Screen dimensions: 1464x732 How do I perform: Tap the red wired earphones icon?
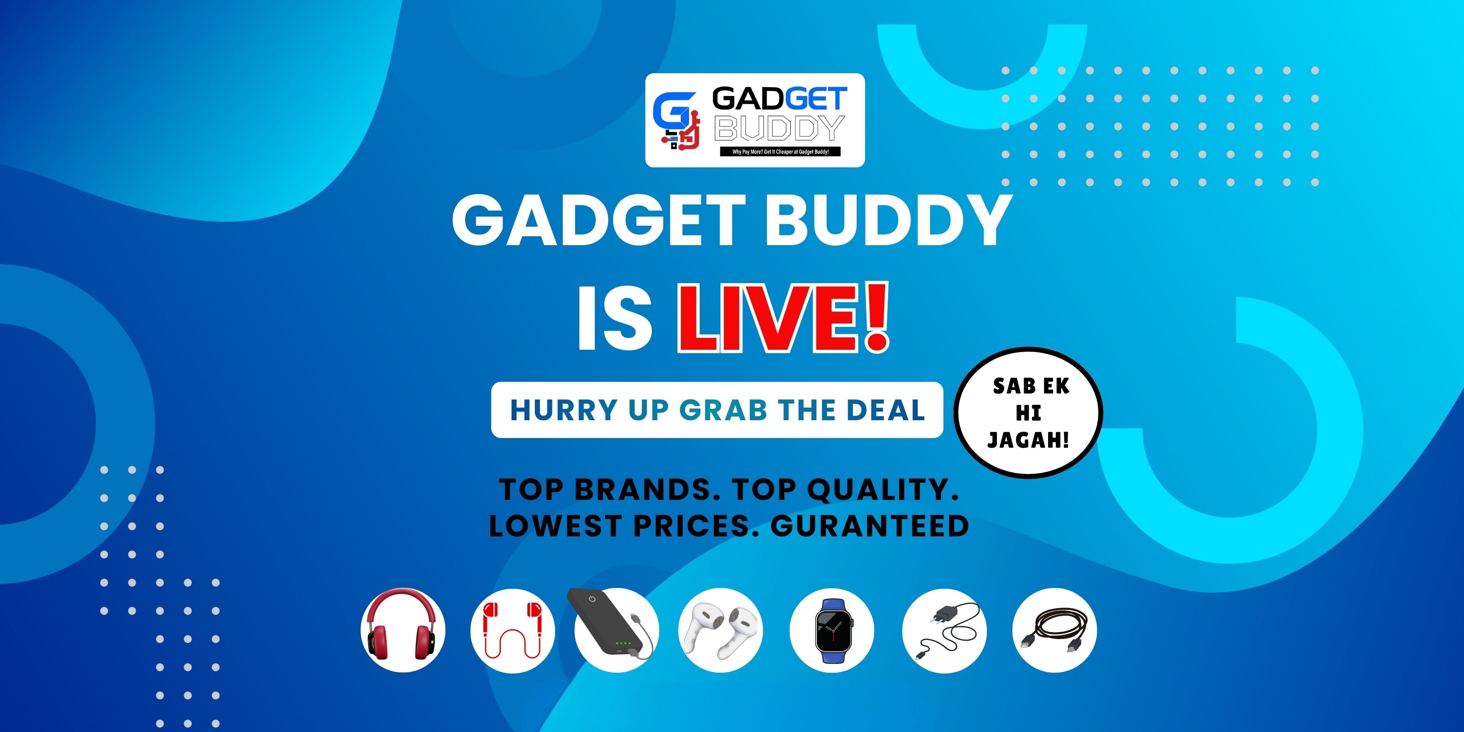pos(512,630)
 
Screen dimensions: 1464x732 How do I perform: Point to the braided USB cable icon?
pos(1054,630)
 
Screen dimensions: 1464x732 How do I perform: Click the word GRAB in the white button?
pos(723,410)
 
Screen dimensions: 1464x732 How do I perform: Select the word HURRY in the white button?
pos(564,410)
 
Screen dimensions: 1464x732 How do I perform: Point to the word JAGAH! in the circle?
pos(1028,439)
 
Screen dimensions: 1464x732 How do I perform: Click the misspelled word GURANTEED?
pos(869,526)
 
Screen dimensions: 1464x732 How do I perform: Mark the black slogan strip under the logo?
pos(780,152)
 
